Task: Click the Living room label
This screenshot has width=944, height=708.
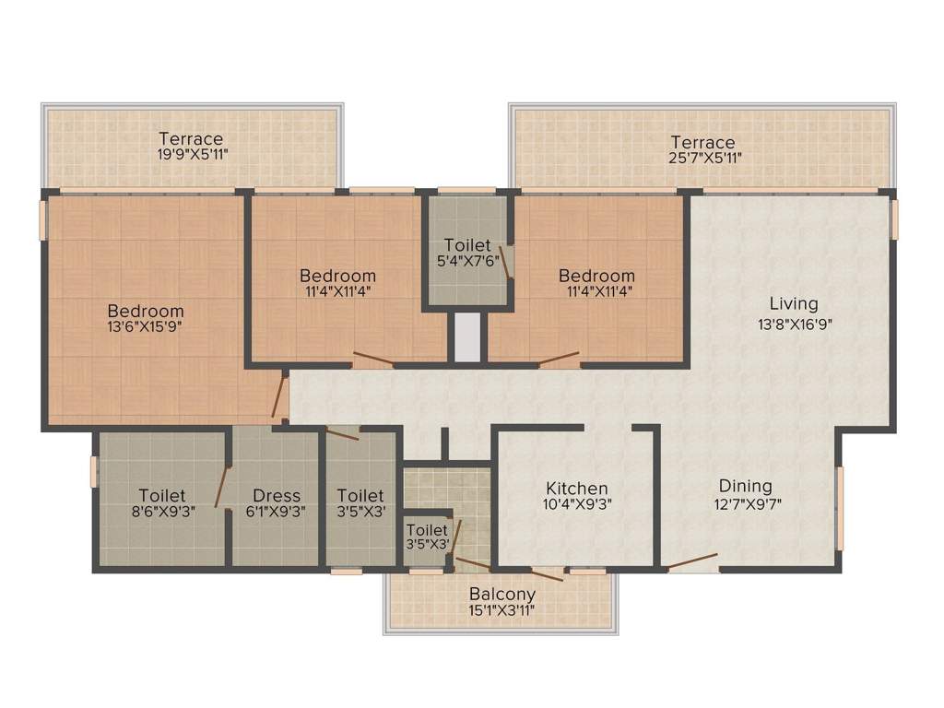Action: point(794,303)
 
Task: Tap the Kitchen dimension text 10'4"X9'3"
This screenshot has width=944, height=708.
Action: point(577,504)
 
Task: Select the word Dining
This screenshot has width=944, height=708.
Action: point(746,486)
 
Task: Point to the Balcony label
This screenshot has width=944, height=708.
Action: point(502,594)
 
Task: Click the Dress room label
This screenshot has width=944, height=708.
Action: point(277,495)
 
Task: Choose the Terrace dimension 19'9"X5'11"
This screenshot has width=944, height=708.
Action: point(191,155)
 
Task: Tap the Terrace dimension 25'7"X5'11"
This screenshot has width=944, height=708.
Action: point(702,158)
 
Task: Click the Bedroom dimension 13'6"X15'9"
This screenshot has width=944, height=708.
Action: point(145,326)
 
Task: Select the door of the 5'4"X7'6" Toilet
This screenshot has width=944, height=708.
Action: point(505,262)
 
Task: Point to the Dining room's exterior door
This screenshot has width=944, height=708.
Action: point(692,562)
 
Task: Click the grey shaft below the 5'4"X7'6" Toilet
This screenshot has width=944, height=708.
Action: point(466,337)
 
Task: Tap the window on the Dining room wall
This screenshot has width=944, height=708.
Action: point(840,508)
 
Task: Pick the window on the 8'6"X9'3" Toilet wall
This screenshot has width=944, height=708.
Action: point(94,471)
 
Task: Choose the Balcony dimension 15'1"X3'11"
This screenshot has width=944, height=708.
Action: point(502,609)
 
